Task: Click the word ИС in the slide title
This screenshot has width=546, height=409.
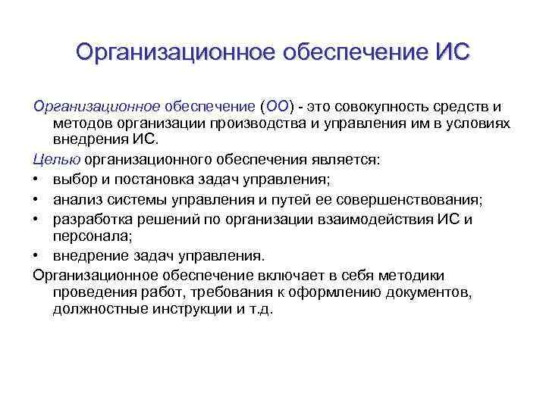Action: pyautogui.click(x=452, y=52)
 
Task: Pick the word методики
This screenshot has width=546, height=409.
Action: pyautogui.click(x=406, y=275)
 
